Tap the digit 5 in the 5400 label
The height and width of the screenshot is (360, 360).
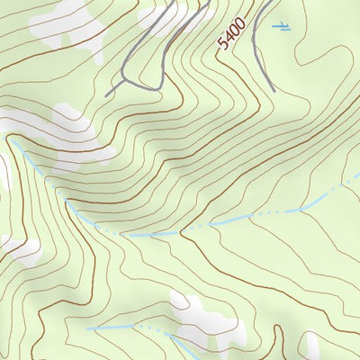click(223, 43)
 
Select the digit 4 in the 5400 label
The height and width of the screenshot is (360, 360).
click(228, 37)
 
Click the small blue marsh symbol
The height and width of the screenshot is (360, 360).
click(283, 26)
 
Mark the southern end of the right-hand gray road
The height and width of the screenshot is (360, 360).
click(273, 90)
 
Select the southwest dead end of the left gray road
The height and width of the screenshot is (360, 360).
click(106, 95)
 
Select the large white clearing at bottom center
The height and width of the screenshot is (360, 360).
click(202, 319)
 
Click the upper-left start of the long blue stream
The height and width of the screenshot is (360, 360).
click(11, 139)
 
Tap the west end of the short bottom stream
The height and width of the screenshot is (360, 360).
click(88, 328)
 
